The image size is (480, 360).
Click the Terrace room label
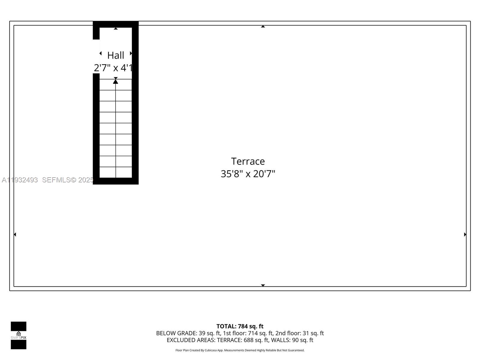pyautogui.click(x=248, y=161)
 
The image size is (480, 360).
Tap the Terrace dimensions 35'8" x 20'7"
pyautogui.click(x=248, y=174)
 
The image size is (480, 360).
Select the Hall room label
pyautogui.click(x=115, y=55)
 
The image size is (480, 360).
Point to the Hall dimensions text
pyautogui.click(x=113, y=68)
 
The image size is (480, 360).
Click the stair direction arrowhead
pyautogui.click(x=115, y=81)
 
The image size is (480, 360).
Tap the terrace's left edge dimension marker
pyautogui.click(x=15, y=234)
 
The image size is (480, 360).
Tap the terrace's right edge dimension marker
pyautogui.click(x=465, y=234)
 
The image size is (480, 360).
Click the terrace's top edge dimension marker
pyautogui.click(x=263, y=27)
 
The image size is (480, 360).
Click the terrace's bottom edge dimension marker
pyautogui.click(x=263, y=285)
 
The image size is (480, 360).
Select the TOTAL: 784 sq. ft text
pyautogui.click(x=240, y=326)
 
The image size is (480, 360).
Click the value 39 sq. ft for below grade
pyautogui.click(x=210, y=333)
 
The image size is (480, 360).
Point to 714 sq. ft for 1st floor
pyautogui.click(x=260, y=333)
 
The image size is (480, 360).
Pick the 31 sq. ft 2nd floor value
pyautogui.click(x=313, y=333)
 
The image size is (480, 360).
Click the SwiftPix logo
pyautogui.click(x=19, y=335)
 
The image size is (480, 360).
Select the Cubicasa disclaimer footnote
pyautogui.click(x=240, y=350)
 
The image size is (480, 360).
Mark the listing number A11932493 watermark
pyautogui.click(x=20, y=180)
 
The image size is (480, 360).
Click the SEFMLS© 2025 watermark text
pyautogui.click(x=68, y=180)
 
